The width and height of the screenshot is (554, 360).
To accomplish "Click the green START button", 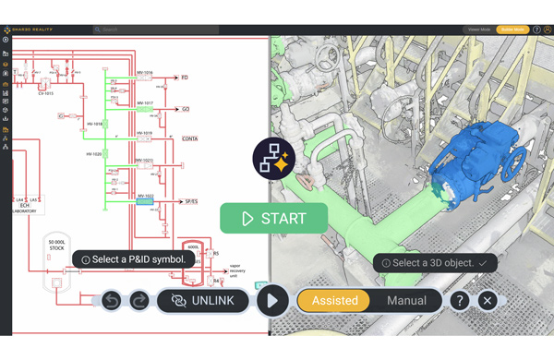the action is pyautogui.click(x=274, y=219).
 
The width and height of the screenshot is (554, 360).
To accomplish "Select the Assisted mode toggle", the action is pyautogui.click(x=334, y=300).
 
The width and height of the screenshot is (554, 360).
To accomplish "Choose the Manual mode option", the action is pyautogui.click(x=406, y=300).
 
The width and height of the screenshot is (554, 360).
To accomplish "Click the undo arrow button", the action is pyautogui.click(x=111, y=300).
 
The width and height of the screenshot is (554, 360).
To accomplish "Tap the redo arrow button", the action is pyautogui.click(x=138, y=300).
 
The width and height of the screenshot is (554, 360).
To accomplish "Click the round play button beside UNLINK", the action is pyautogui.click(x=271, y=300).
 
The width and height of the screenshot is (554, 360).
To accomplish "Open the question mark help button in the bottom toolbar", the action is pyautogui.click(x=459, y=300).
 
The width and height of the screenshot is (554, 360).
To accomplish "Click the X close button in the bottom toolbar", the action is pyautogui.click(x=488, y=300).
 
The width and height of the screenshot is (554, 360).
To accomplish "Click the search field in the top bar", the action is pyautogui.click(x=157, y=30).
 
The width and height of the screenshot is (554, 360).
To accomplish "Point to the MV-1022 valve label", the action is pyautogui.click(x=145, y=196).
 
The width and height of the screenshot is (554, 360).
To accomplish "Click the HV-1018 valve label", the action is pyautogui.click(x=94, y=123).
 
